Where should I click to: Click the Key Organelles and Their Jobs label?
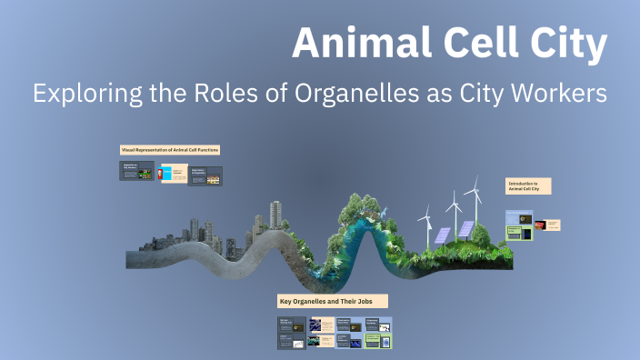[332, 300]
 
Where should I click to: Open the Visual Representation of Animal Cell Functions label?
[170, 149]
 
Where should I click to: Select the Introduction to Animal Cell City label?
[527, 186]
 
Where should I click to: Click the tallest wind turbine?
[472, 205]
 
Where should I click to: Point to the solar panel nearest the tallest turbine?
[465, 229]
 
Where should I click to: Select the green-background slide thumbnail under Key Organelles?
[377, 341]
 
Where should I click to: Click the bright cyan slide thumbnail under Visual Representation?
[168, 173]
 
